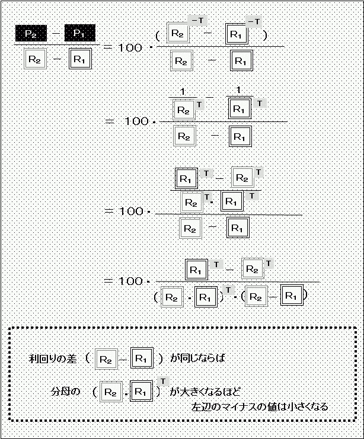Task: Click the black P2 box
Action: [x=31, y=33]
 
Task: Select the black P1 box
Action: [x=80, y=33]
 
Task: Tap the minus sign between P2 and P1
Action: [x=56, y=33]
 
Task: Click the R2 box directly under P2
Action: [x=35, y=59]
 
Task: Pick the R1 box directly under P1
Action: [x=80, y=59]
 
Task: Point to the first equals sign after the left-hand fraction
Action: [x=108, y=47]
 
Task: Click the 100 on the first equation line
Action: [x=130, y=47]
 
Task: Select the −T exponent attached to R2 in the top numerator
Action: [x=197, y=21]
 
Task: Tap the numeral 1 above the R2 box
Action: [x=183, y=92]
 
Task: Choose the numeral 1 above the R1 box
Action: [x=238, y=91]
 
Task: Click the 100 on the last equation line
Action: [x=131, y=281]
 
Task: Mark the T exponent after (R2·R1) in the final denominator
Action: [x=229, y=290]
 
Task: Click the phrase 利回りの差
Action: [x=53, y=358]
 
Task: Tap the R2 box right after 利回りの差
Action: [x=106, y=359]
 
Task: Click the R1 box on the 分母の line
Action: [x=142, y=391]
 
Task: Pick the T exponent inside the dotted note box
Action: [x=163, y=382]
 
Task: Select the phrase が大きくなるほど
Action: [x=205, y=392]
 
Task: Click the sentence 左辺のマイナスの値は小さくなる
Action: [x=260, y=406]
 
